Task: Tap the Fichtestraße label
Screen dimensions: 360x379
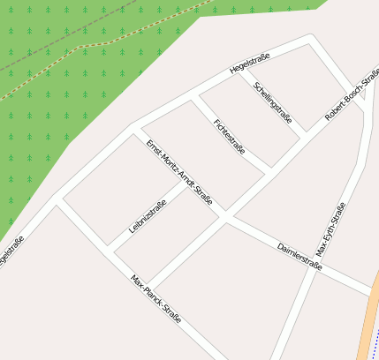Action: pyautogui.click(x=230, y=136)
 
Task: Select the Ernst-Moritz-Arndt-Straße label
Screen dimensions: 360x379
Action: pyautogui.click(x=179, y=173)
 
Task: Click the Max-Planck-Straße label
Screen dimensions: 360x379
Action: pyautogui.click(x=155, y=298)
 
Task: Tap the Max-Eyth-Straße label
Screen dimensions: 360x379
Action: pyautogui.click(x=330, y=230)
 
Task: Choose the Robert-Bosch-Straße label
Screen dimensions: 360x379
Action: pyautogui.click(x=352, y=95)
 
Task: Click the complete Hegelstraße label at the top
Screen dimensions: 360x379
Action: pyautogui.click(x=249, y=64)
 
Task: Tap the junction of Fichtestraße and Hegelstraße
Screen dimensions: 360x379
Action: pyautogui.click(x=193, y=94)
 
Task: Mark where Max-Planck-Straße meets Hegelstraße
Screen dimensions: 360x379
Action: pyautogui.click(x=57, y=199)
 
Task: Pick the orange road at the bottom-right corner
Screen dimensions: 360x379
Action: pyautogui.click(x=368, y=331)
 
